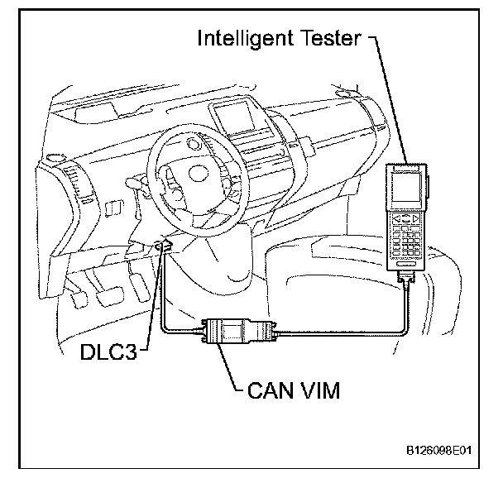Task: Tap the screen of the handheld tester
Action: tap(407, 188)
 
